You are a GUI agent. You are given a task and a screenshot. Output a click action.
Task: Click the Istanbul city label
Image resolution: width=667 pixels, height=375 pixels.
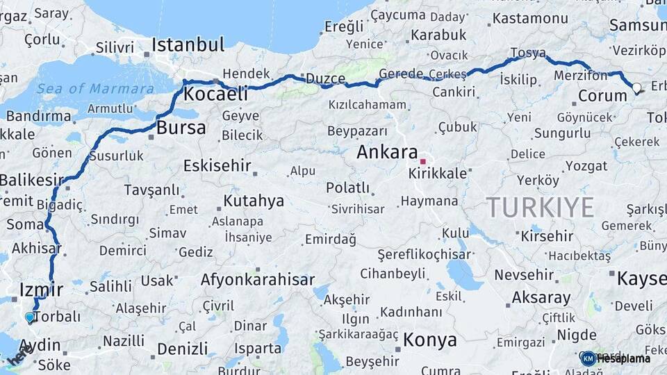[x=188, y=45]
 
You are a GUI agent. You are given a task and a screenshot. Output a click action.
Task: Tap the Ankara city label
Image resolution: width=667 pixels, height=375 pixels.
[x=387, y=152]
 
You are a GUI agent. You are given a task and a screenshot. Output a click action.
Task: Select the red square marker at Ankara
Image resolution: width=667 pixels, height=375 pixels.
[x=422, y=162]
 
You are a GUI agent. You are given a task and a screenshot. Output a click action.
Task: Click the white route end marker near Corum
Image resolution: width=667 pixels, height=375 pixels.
[x=636, y=88]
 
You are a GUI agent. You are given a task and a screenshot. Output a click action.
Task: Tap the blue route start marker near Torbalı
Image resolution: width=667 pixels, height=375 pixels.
[x=30, y=317]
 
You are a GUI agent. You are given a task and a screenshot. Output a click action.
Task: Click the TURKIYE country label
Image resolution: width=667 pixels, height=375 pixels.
[x=540, y=207]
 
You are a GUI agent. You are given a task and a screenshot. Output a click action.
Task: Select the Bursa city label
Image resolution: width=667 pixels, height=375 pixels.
[x=181, y=128]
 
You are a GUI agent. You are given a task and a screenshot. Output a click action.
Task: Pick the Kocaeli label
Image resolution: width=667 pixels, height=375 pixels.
[x=216, y=94]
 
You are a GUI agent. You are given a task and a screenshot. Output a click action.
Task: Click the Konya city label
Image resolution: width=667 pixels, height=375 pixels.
[x=430, y=340]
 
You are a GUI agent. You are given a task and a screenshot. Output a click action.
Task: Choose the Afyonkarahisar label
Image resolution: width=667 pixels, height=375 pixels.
[x=257, y=281]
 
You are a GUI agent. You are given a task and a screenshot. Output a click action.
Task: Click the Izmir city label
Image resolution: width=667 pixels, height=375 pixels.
[x=42, y=289]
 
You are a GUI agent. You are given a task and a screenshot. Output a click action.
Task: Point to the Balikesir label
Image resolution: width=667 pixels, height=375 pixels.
[x=32, y=180]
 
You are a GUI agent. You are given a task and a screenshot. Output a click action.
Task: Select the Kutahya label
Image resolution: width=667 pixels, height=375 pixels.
[x=254, y=201]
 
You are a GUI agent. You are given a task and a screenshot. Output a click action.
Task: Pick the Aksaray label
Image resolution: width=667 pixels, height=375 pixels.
[x=541, y=298]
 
